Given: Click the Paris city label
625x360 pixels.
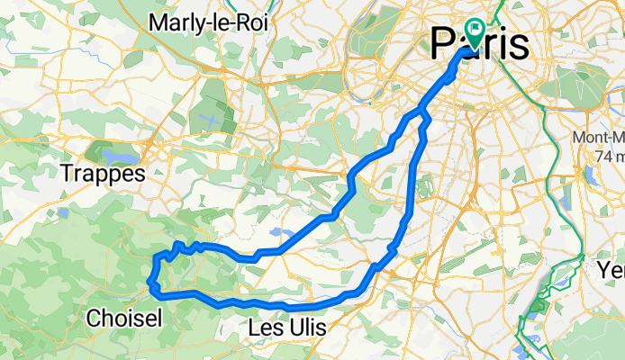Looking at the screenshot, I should (480, 43).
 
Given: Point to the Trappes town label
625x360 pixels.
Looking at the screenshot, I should (103, 173).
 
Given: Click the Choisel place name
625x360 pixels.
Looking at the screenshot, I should (125, 318).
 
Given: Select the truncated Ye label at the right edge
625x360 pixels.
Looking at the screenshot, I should (613, 269).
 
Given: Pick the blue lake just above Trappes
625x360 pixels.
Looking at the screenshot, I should (98, 148).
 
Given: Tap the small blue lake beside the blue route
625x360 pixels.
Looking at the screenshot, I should (279, 236).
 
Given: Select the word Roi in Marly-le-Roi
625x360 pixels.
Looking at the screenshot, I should (251, 22).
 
